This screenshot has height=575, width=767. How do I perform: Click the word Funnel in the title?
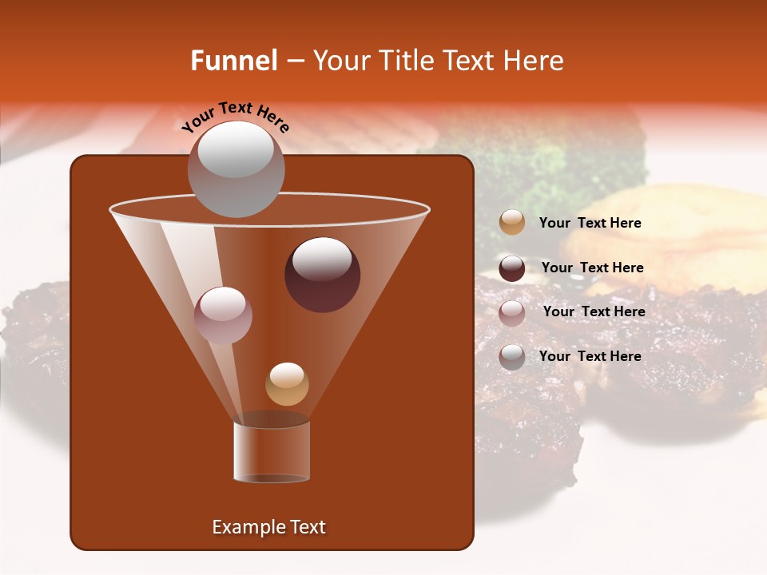point(233,61)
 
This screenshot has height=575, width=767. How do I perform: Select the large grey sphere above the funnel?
point(236,169)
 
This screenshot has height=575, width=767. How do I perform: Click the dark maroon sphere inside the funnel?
point(322,275)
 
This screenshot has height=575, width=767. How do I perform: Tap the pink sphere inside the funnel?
point(223,315)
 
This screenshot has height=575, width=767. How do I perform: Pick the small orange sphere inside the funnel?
point(287,384)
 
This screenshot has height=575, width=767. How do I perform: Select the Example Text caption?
point(268,527)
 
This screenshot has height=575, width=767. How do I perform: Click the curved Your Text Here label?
point(235,117)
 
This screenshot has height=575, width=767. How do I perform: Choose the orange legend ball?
point(512,223)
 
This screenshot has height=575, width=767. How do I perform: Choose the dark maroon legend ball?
point(512,268)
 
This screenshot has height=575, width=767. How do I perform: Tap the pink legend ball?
point(512,313)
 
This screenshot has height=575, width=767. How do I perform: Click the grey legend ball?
point(512,357)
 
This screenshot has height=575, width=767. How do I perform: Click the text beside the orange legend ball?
point(590,224)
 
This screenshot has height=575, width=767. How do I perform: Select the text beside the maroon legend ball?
point(592,268)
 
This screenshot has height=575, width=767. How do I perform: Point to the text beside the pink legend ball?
point(594,312)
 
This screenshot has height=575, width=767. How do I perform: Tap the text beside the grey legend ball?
point(590,357)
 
